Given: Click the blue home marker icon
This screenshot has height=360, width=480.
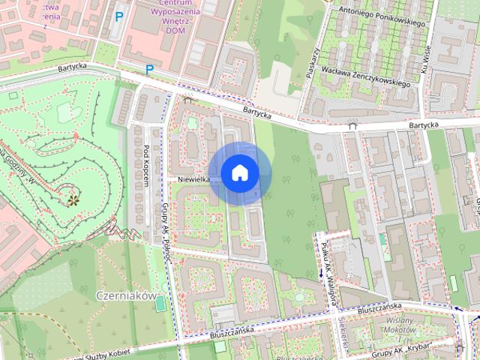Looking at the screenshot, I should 239,173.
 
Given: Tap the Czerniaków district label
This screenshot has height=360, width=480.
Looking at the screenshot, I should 124,295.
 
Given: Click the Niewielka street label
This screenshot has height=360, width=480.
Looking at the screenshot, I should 193,180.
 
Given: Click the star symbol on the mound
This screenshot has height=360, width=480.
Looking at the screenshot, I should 73,199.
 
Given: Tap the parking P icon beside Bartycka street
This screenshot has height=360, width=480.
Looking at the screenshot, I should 149,70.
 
